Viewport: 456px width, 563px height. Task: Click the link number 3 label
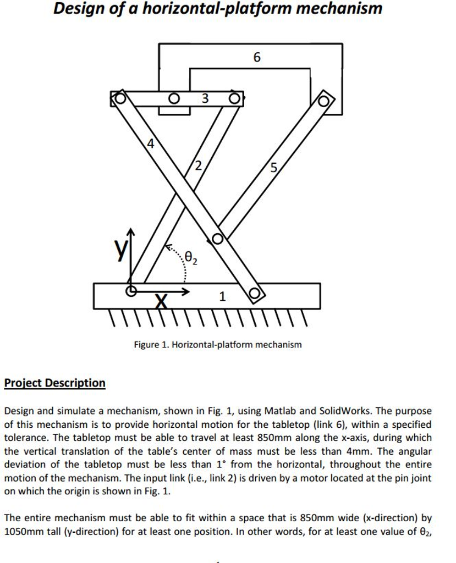[x=205, y=99]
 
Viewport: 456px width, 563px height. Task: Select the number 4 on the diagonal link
[x=150, y=145]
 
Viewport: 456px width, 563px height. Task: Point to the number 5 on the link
[x=274, y=168]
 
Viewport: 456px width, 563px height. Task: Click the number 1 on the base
[x=222, y=297]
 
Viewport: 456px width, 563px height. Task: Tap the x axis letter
[x=161, y=301]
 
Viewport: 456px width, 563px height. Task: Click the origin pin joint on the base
[x=131, y=291]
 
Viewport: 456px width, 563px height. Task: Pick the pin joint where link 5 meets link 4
[x=217, y=239]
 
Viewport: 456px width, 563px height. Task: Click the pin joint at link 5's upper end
[x=323, y=101]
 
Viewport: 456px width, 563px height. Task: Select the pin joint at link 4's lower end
[x=255, y=293]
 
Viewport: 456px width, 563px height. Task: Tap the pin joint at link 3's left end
[x=119, y=98]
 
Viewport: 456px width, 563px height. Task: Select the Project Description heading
[x=54, y=383]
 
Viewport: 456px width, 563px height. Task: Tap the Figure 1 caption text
[x=218, y=345]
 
